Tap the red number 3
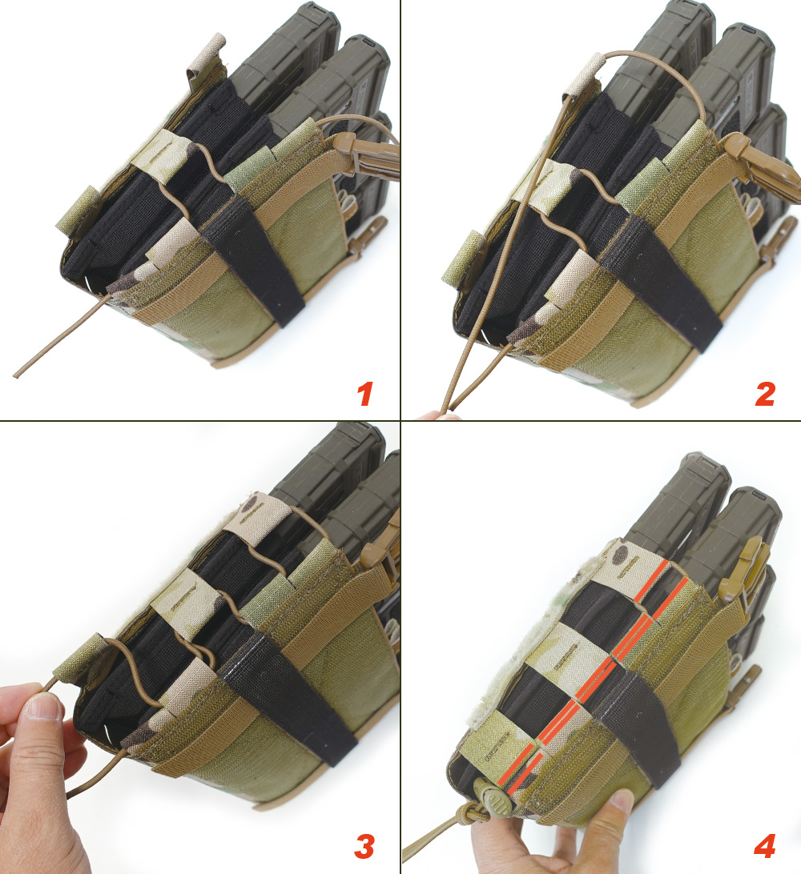click(364, 844)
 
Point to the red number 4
click(765, 844)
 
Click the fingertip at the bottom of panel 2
click(437, 415)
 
